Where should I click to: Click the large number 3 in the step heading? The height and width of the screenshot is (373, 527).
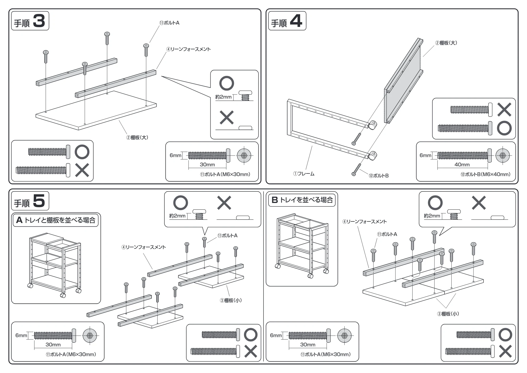point(39,21)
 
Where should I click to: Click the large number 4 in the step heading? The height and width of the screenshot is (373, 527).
point(296,21)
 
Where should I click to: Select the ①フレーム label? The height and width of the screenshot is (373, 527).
point(304,174)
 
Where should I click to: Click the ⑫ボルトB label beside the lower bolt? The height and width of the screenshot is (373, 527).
point(379,176)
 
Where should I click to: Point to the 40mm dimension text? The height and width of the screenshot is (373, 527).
point(462,164)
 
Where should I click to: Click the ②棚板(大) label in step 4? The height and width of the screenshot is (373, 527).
point(446,43)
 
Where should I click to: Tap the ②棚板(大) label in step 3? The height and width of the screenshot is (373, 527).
point(137,137)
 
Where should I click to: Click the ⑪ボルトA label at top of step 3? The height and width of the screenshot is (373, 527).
point(169,23)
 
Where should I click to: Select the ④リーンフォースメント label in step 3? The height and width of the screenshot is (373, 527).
point(188,49)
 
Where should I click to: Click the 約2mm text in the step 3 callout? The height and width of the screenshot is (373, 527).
point(223,97)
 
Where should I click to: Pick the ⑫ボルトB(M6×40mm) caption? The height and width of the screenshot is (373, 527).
point(485,174)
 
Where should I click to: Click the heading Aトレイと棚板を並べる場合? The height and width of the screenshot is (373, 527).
point(56,220)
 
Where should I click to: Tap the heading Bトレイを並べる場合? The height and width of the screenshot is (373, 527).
point(302,200)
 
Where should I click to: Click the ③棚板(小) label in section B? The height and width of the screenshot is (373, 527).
point(448,314)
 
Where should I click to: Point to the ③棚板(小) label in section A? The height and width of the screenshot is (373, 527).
point(231,300)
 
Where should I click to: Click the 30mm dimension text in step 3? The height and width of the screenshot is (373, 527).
point(207,164)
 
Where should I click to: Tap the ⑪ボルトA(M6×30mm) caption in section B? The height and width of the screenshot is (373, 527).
point(326,355)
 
